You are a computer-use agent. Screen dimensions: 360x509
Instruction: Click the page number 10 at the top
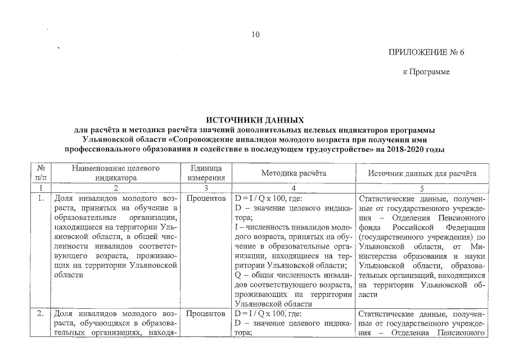point(255,35)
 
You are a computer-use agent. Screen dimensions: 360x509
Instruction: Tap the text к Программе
point(426,73)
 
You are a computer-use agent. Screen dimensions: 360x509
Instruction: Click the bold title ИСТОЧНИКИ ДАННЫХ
point(255,120)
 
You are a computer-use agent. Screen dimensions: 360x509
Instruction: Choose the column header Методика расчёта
point(294,173)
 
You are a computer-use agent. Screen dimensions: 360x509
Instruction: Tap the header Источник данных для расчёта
point(422,173)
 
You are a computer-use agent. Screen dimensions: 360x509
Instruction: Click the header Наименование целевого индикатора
point(116,173)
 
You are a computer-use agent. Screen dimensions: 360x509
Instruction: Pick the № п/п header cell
point(40,173)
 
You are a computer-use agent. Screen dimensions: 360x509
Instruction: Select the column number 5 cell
point(422,188)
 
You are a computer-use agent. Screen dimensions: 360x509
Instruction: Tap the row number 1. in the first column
point(40,199)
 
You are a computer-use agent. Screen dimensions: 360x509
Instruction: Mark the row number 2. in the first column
point(40,313)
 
